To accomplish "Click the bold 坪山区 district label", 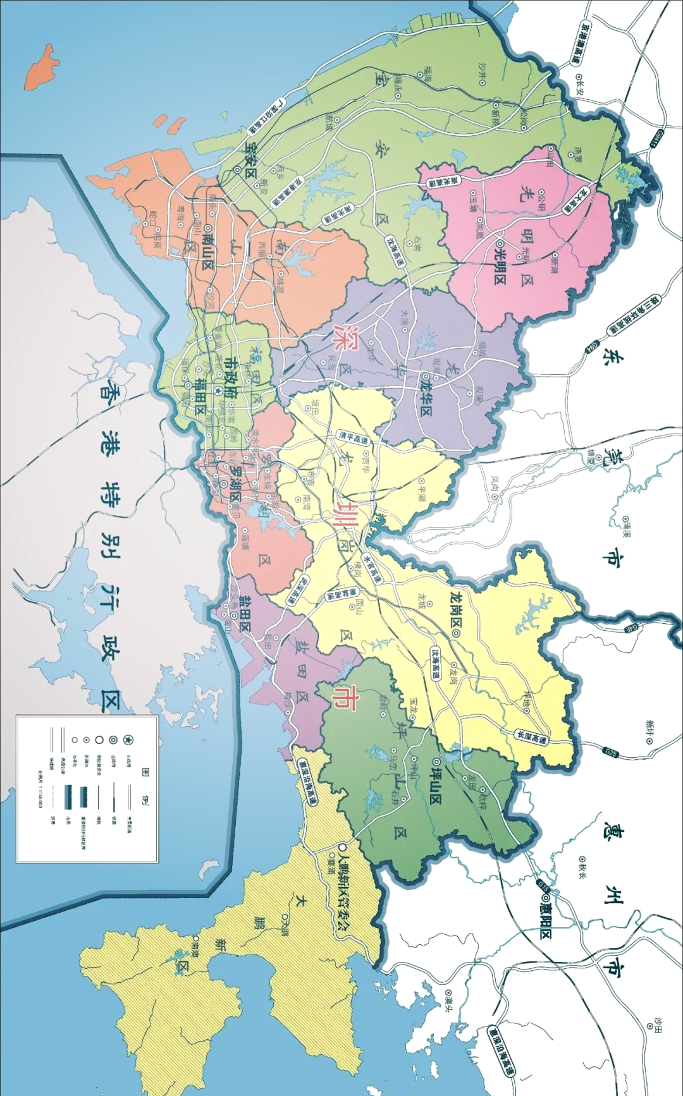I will (436, 781).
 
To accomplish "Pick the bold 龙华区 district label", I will (426, 394).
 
